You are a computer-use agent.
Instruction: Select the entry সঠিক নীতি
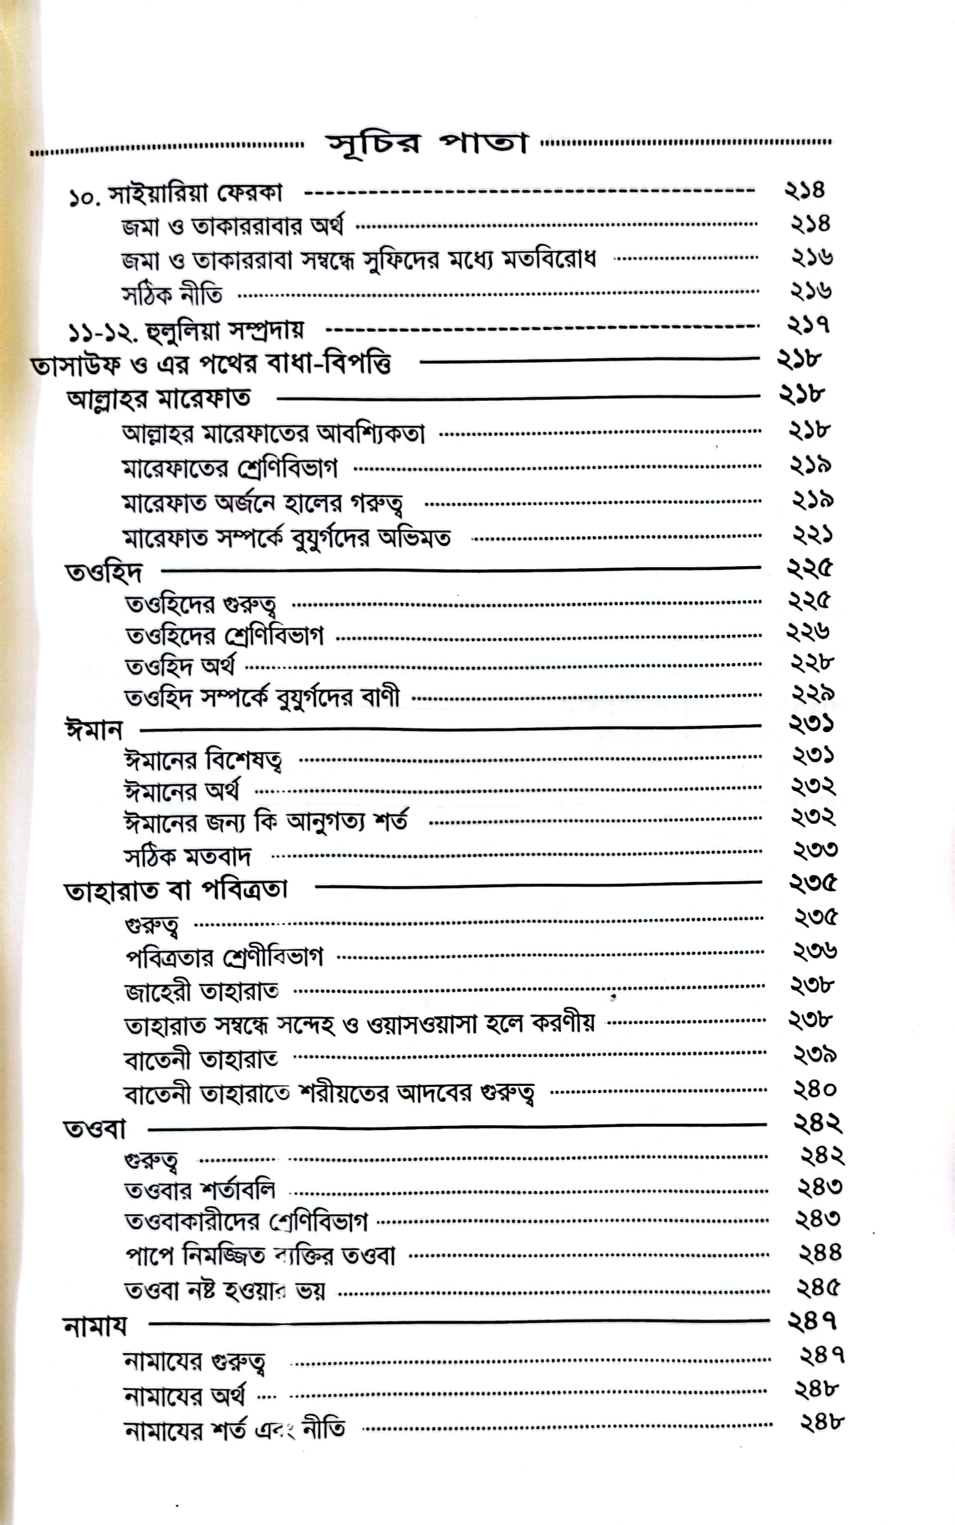click(x=172, y=294)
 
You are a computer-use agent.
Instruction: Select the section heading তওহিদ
click(x=104, y=571)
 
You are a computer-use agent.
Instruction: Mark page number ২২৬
click(x=808, y=631)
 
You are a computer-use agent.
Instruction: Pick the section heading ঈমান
click(x=94, y=730)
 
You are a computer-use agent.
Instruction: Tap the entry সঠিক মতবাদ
click(x=187, y=857)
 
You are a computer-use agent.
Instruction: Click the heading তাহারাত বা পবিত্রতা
click(x=176, y=891)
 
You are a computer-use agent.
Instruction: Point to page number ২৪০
click(x=815, y=1088)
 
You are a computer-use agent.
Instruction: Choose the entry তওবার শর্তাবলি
click(x=200, y=1191)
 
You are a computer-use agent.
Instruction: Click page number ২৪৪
click(x=820, y=1252)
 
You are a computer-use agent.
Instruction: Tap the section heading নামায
click(x=95, y=1325)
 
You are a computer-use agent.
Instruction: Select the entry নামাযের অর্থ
click(x=184, y=1395)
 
